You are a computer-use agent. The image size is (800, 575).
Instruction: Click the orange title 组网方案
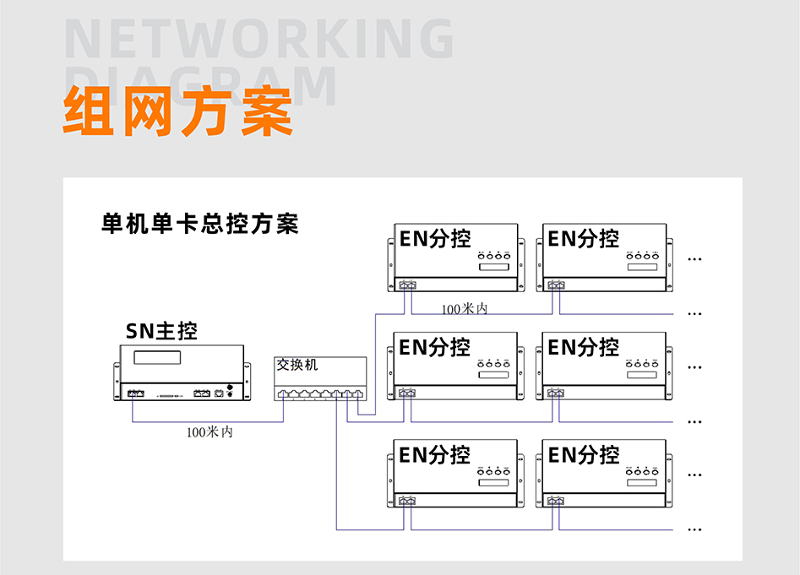177,111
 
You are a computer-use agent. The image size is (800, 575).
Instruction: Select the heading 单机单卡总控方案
199,225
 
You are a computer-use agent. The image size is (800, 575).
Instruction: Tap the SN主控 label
161,330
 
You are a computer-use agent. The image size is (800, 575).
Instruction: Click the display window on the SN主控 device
159,357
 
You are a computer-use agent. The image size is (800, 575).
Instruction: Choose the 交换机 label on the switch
297,366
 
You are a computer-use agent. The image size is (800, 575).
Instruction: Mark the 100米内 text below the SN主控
210,432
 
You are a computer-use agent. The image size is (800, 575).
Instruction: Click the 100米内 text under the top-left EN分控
465,309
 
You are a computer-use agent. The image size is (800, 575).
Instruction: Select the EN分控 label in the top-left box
435,239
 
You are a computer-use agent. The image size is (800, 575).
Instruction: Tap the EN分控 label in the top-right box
584,239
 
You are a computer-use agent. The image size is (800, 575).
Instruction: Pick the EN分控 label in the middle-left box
435,347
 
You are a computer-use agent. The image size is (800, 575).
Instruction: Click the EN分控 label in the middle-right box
584,347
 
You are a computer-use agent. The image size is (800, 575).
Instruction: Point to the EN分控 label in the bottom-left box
435,455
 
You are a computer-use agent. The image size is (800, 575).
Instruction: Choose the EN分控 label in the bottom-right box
584,455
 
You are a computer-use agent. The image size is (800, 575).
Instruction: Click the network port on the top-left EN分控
408,285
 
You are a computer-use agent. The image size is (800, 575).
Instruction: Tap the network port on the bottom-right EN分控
556,502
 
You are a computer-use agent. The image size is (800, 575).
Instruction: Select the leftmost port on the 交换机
284,393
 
